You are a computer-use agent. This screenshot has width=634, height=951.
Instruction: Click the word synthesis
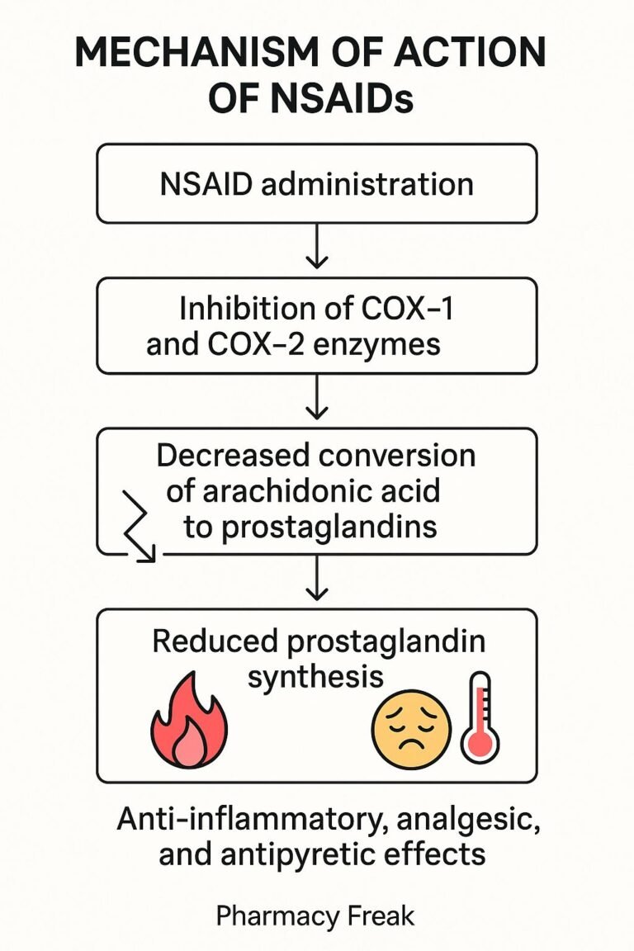tap(315, 677)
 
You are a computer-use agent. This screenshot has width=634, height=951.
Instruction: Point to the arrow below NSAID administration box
tap(317, 249)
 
